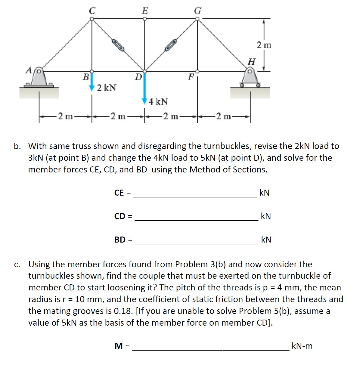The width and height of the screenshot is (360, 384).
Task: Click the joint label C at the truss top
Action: [x=92, y=11]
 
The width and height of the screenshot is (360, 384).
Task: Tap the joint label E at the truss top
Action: [x=145, y=11]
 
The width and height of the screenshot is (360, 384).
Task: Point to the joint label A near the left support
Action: [x=29, y=70]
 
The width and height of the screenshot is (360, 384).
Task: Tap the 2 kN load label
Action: [x=107, y=88]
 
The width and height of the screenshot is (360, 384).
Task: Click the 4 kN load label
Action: [x=158, y=101]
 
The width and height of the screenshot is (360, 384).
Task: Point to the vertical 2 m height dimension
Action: [x=264, y=45]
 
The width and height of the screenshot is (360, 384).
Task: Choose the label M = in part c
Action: [x=122, y=346]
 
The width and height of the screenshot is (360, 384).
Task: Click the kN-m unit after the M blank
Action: [x=302, y=346]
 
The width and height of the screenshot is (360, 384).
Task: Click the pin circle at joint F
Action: [x=197, y=72]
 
